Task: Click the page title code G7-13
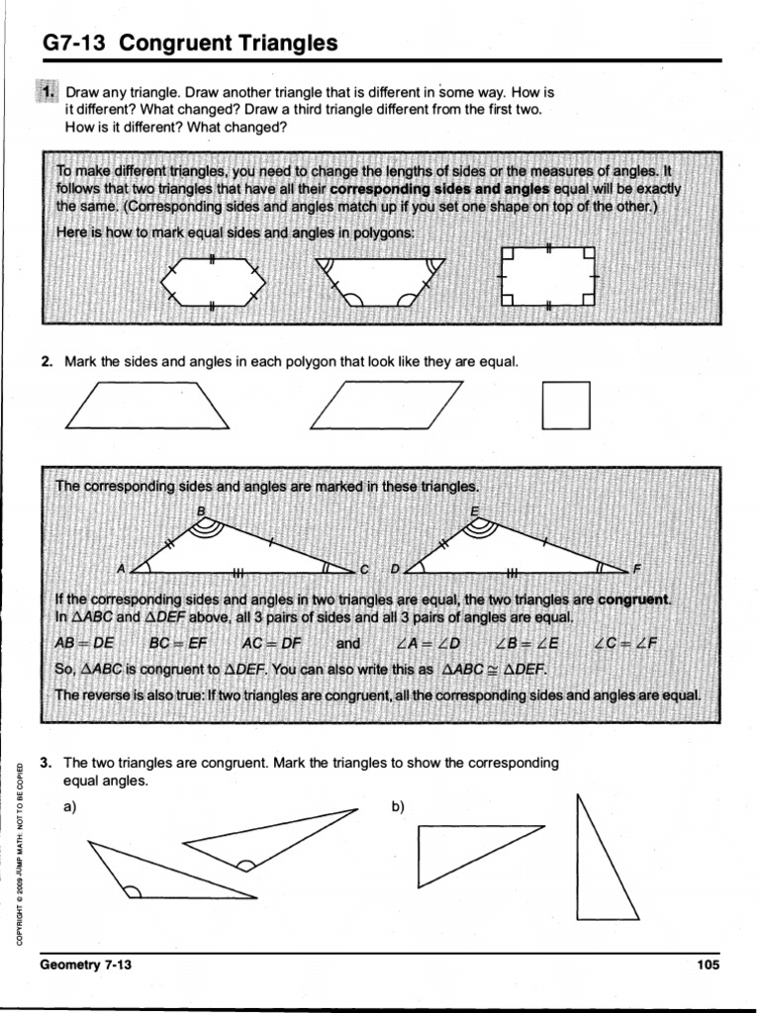pyautogui.click(x=75, y=44)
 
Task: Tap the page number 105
pyautogui.click(x=708, y=965)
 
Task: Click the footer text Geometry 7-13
pyautogui.click(x=85, y=965)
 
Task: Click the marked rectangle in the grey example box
pyautogui.click(x=549, y=277)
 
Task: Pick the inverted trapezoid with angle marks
pyautogui.click(x=380, y=281)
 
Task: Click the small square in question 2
pyautogui.click(x=566, y=406)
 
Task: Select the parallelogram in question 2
pyautogui.click(x=387, y=406)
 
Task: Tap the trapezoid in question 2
pyautogui.click(x=148, y=407)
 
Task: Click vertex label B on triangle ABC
pyautogui.click(x=202, y=510)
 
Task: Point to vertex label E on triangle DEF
pyautogui.click(x=475, y=510)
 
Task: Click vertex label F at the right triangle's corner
pyautogui.click(x=637, y=569)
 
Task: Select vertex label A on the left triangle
pyautogui.click(x=121, y=569)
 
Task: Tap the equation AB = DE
pyautogui.click(x=85, y=643)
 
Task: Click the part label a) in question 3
pyautogui.click(x=69, y=806)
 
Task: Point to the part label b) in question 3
pyautogui.click(x=398, y=806)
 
